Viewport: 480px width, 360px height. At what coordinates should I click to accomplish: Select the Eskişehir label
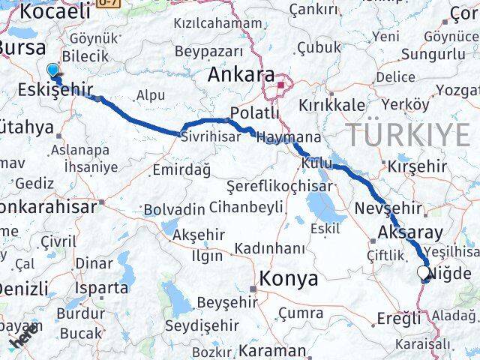(x=53, y=91)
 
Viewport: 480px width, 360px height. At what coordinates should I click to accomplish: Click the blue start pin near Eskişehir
(x=52, y=71)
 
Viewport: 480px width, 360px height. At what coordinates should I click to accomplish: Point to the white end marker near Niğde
(x=424, y=273)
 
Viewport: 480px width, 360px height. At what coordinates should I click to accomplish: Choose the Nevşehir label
(x=386, y=208)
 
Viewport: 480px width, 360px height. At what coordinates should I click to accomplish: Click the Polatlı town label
(x=254, y=112)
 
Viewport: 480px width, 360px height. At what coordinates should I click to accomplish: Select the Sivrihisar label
(x=209, y=136)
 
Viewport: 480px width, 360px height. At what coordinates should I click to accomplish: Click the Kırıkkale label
(x=332, y=105)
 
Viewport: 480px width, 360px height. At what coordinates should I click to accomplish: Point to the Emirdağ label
(x=181, y=170)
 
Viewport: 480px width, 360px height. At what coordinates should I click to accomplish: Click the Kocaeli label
(x=55, y=10)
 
